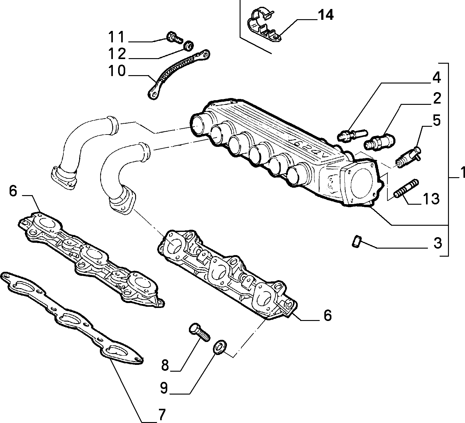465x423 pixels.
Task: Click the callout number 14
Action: [x=326, y=15]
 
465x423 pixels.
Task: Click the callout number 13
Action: [x=431, y=199]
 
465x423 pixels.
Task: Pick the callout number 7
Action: [x=162, y=415]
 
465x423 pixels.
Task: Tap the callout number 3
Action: [x=438, y=243]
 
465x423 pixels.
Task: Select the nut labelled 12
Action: [x=189, y=45]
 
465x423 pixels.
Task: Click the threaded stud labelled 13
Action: [x=406, y=189]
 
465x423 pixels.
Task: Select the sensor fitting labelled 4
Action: [x=352, y=135]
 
